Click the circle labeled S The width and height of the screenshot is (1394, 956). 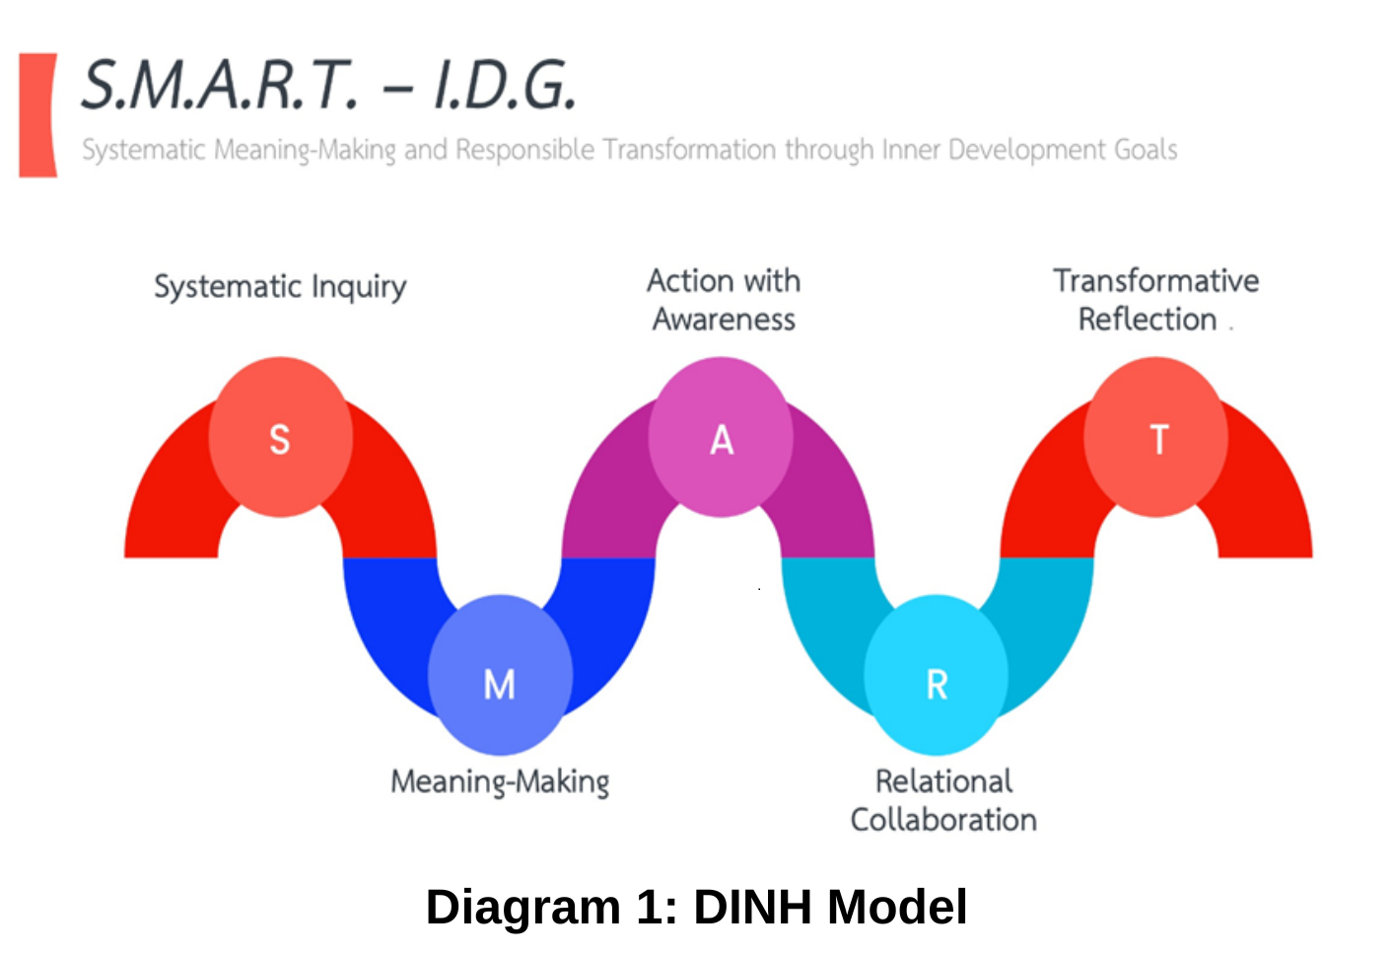click(280, 437)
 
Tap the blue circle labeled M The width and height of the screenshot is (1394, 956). click(500, 676)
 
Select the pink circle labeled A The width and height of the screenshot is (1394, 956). click(721, 437)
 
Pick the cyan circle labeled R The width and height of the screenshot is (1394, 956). click(936, 676)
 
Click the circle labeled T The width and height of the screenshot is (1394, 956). click(1155, 437)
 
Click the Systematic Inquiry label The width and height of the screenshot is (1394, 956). click(280, 287)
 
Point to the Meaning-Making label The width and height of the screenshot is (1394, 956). click(500, 782)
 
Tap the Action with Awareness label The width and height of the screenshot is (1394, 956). click(724, 300)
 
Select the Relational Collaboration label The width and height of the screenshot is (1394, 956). click(943, 800)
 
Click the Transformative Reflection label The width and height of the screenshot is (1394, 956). click(1154, 300)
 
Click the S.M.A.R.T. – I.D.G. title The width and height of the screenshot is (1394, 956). click(328, 85)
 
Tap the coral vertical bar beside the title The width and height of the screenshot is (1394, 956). click(37, 115)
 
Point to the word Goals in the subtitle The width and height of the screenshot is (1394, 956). click(1146, 150)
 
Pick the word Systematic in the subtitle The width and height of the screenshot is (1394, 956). click(144, 150)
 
